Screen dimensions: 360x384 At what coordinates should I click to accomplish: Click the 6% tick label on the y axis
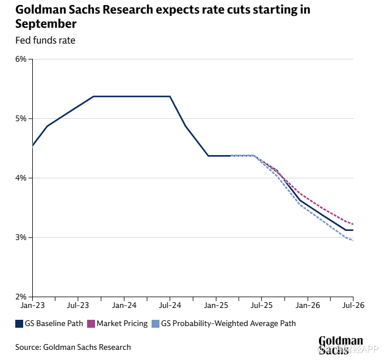coord(20,59)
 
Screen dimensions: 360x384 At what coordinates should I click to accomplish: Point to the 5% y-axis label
coord(20,119)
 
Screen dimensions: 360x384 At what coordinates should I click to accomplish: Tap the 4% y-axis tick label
coord(20,178)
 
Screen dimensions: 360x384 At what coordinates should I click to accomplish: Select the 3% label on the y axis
coord(20,238)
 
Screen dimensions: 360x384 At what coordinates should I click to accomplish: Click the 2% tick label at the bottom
coord(20,297)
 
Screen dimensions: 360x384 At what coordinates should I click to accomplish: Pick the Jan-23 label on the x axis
coord(32,306)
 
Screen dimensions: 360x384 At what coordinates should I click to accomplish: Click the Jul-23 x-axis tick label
coord(78,306)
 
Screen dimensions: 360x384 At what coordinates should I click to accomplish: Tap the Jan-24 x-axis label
coord(124,306)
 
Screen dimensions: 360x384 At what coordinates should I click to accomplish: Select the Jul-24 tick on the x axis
coord(170,306)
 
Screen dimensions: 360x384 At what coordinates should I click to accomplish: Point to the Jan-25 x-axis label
coord(216,306)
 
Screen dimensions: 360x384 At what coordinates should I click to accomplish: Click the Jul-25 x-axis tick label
coord(262,306)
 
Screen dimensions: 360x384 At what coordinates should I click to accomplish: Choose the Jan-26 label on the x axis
coord(308,306)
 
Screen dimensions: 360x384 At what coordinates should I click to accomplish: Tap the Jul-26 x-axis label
coord(353,306)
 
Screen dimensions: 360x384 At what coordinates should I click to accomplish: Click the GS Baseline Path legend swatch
coord(19,324)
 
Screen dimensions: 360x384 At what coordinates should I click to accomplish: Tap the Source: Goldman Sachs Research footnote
coord(73,347)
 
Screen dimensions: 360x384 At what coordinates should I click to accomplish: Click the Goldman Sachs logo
coord(340,345)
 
